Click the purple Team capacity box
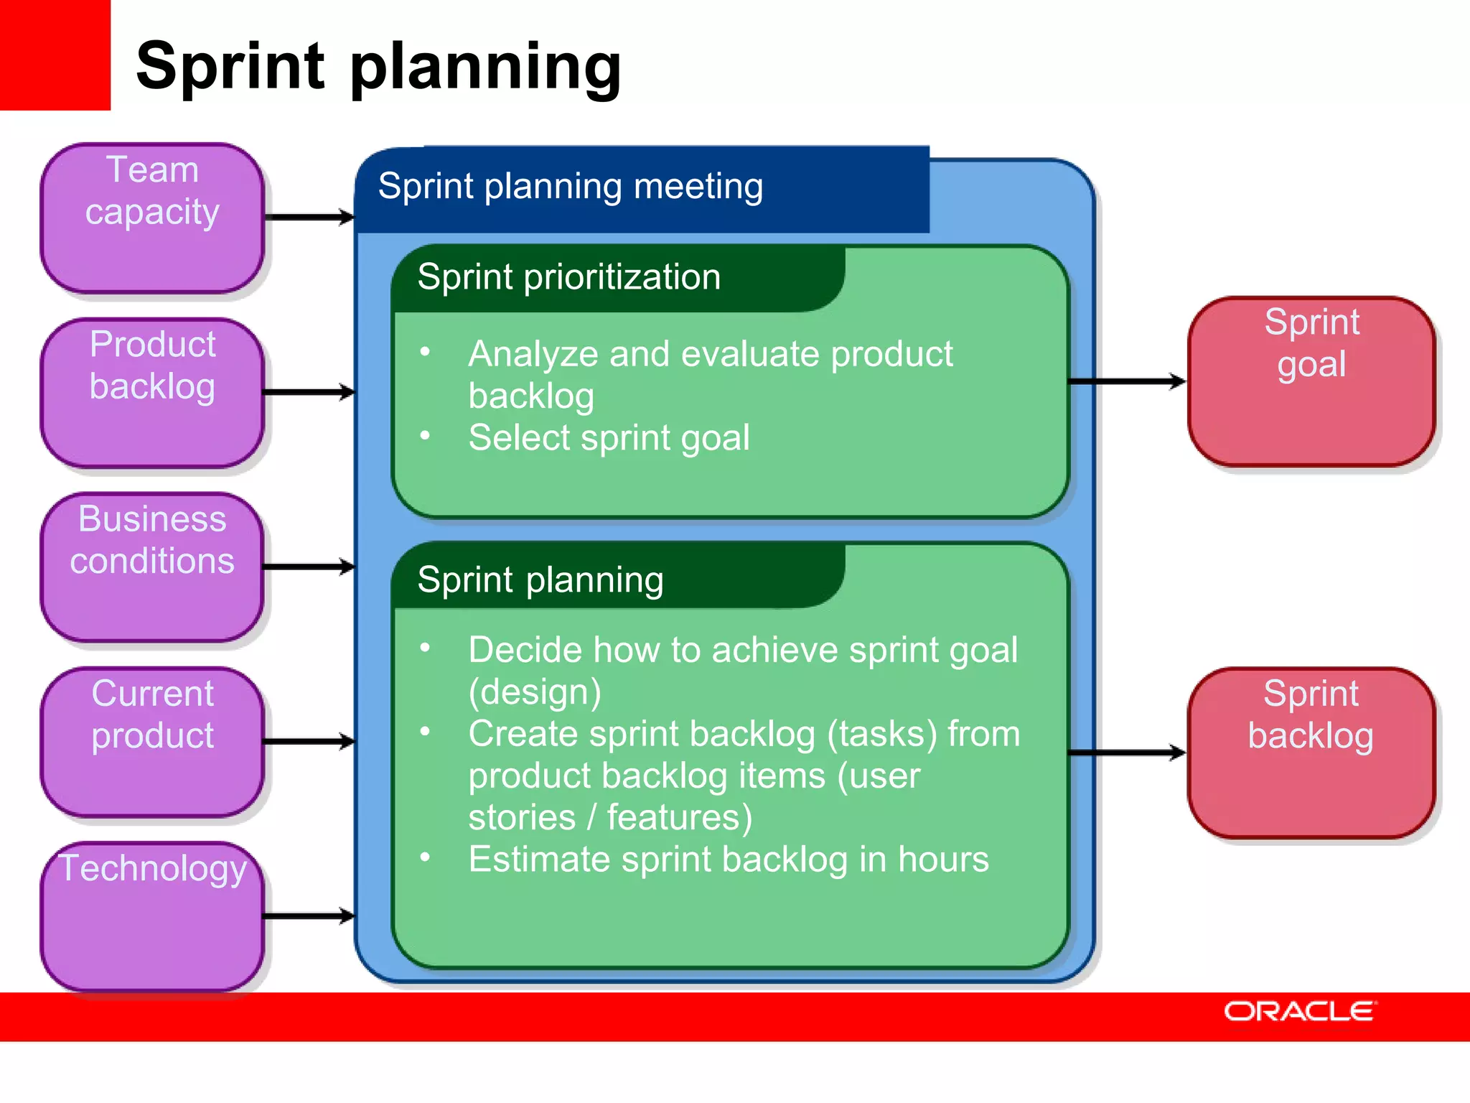tap(152, 218)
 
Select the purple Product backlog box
tap(152, 393)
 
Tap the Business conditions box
tap(152, 567)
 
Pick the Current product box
tap(152, 742)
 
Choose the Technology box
tap(152, 916)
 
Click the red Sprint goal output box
tap(1311, 381)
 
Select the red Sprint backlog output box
tap(1311, 753)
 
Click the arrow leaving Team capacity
tap(309, 217)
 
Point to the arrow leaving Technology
tap(309, 916)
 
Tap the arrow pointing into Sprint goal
tap(1127, 381)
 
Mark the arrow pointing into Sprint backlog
tap(1127, 753)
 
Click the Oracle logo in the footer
tap(1299, 1011)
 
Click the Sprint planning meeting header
tap(571, 187)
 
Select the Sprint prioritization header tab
tap(569, 277)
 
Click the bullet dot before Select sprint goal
tap(426, 436)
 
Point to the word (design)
tap(535, 692)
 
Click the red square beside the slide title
tap(55, 55)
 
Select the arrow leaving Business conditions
tap(309, 567)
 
